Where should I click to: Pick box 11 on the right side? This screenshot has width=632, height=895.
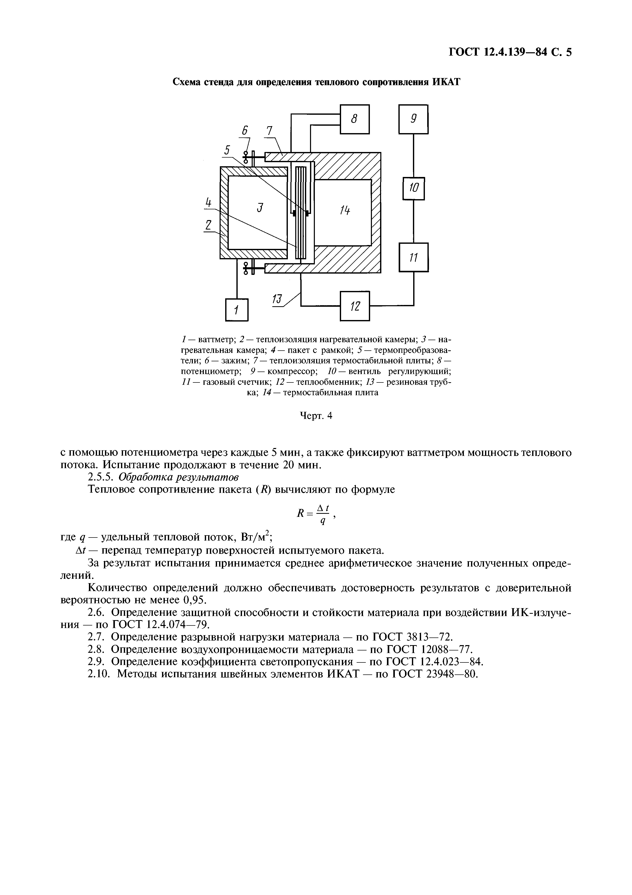click(413, 257)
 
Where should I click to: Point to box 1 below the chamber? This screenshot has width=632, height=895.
click(236, 310)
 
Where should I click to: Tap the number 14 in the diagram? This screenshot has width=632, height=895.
click(344, 211)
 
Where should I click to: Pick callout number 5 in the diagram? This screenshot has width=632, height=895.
click(227, 150)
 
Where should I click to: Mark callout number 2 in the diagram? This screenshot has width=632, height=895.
click(209, 225)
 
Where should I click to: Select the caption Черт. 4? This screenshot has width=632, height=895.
click(316, 416)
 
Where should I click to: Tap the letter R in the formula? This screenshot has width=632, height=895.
click(300, 513)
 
